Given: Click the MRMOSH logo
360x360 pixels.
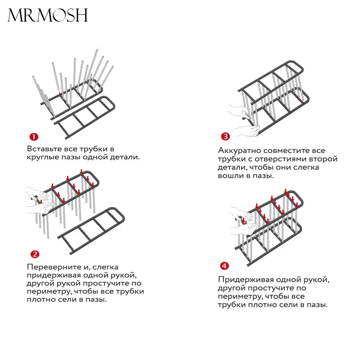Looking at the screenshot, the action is coord(47,16).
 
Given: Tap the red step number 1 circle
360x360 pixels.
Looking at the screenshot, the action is coord(34,137).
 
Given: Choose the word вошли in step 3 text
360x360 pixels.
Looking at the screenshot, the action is coord(230,175).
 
